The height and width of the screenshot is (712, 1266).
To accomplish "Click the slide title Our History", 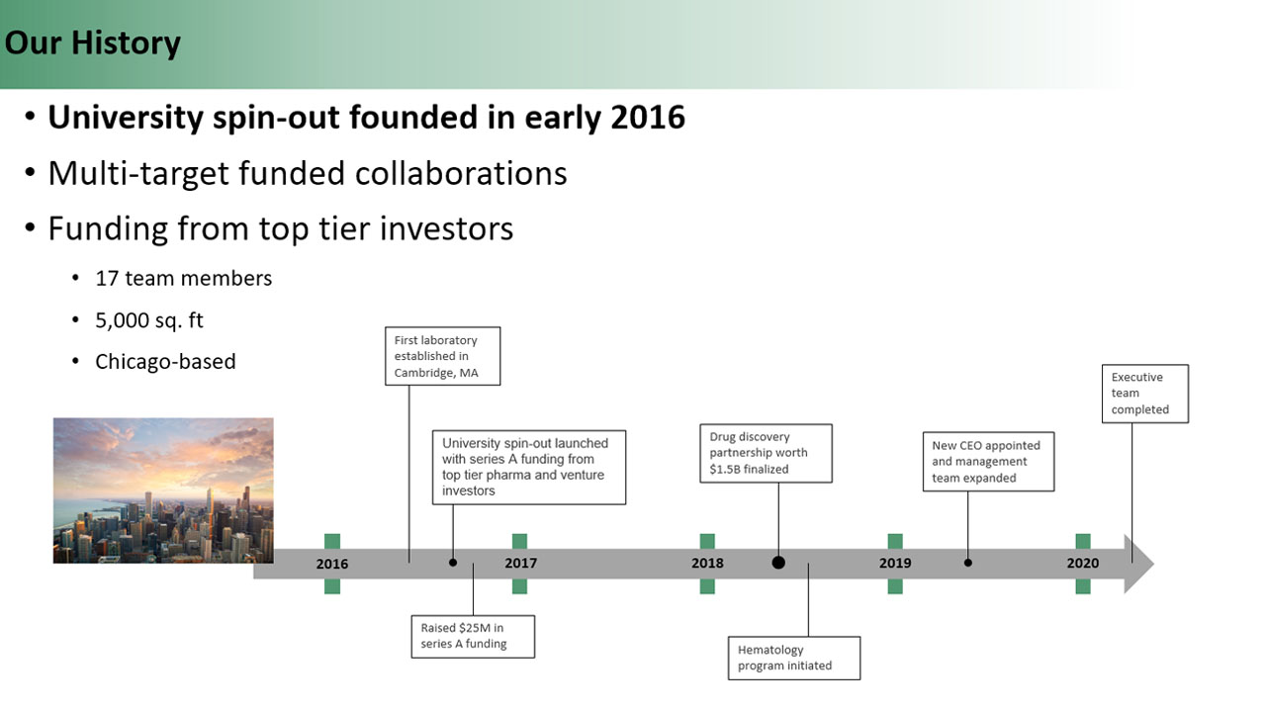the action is [x=93, y=43].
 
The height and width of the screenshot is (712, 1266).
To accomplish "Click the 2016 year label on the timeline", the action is [x=332, y=564].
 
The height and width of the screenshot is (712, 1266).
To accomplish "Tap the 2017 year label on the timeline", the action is [x=520, y=563].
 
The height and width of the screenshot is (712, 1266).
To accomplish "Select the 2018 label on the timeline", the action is [x=707, y=563].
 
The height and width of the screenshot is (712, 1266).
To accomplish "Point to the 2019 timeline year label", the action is [x=895, y=563].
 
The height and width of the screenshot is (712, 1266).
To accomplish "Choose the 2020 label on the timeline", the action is [x=1083, y=563].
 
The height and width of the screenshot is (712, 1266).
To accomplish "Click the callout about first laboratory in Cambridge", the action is [x=442, y=356].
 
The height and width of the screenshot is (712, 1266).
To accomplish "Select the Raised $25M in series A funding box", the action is [x=473, y=636].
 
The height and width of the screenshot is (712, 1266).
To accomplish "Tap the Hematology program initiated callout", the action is [x=794, y=658].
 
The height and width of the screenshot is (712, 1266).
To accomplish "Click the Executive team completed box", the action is [x=1145, y=394].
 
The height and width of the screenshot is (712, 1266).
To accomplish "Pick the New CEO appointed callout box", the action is [x=988, y=462].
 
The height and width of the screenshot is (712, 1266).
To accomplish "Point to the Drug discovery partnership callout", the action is [x=766, y=453].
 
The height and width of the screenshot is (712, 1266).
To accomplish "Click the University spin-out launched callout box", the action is [x=529, y=468].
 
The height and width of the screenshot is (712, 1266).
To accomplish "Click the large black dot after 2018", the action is [x=778, y=563].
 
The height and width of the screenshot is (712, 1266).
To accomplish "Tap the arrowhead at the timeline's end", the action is [x=1138, y=564].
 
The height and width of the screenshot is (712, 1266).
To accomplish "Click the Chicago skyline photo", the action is [x=163, y=490].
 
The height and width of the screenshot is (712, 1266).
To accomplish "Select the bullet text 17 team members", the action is [x=184, y=279].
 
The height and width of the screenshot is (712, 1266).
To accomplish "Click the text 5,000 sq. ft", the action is [x=149, y=320].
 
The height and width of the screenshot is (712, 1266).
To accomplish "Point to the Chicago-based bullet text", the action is [x=165, y=362].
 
